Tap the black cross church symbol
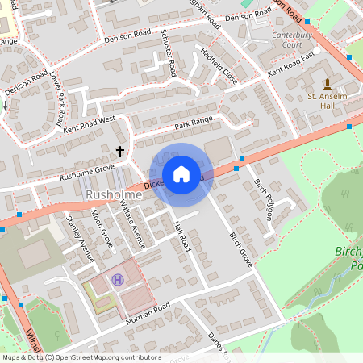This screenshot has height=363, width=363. pyautogui.click(x=121, y=151)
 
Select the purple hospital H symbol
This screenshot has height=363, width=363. pyautogui.click(x=119, y=280)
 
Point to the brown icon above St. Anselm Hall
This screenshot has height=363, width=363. pyautogui.click(x=327, y=83)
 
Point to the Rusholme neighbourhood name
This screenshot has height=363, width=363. pyautogui.click(x=108, y=195)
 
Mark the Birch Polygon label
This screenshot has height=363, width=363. pyautogui.click(x=262, y=198)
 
